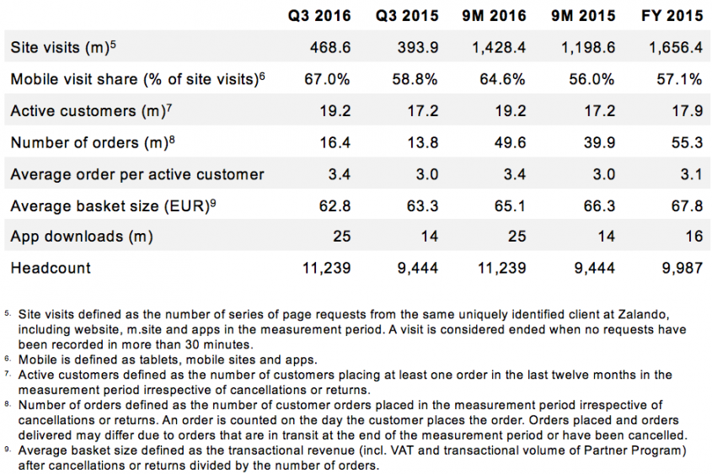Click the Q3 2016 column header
pos(319,16)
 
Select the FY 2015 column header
pos(672,16)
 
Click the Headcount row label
pos(51,269)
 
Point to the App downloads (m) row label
pos(82,237)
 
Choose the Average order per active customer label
pos(137,174)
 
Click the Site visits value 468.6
pos(328,48)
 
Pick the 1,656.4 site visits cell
pos(676,48)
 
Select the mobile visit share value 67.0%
pos(327,79)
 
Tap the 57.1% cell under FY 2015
pos(682,79)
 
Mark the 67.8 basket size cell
pos(686,205)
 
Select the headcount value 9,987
pos(681,269)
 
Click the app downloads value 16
pos(693,237)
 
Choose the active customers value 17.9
pos(686,111)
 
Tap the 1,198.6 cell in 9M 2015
pos(588,48)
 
